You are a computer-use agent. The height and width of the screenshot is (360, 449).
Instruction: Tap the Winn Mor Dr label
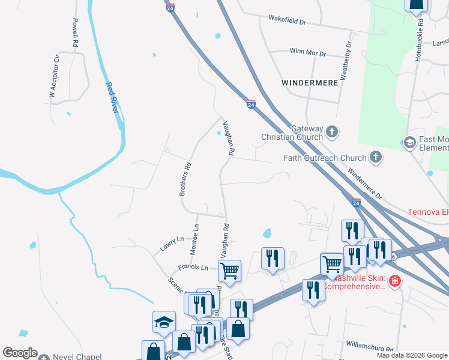click(x=307, y=53)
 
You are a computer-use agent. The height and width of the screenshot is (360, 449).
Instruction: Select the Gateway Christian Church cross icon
click(x=332, y=131)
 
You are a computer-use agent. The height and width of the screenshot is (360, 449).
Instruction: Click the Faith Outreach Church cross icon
click(x=375, y=158)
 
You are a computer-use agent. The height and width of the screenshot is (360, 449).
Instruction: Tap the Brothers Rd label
click(x=185, y=179)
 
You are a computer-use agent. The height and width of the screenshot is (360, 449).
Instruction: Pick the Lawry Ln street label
click(x=172, y=243)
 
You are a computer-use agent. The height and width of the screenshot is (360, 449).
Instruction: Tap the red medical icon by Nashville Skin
click(x=394, y=281)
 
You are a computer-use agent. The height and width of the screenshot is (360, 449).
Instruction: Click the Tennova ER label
click(x=428, y=212)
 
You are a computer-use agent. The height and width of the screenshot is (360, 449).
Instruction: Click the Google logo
click(x=20, y=353)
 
